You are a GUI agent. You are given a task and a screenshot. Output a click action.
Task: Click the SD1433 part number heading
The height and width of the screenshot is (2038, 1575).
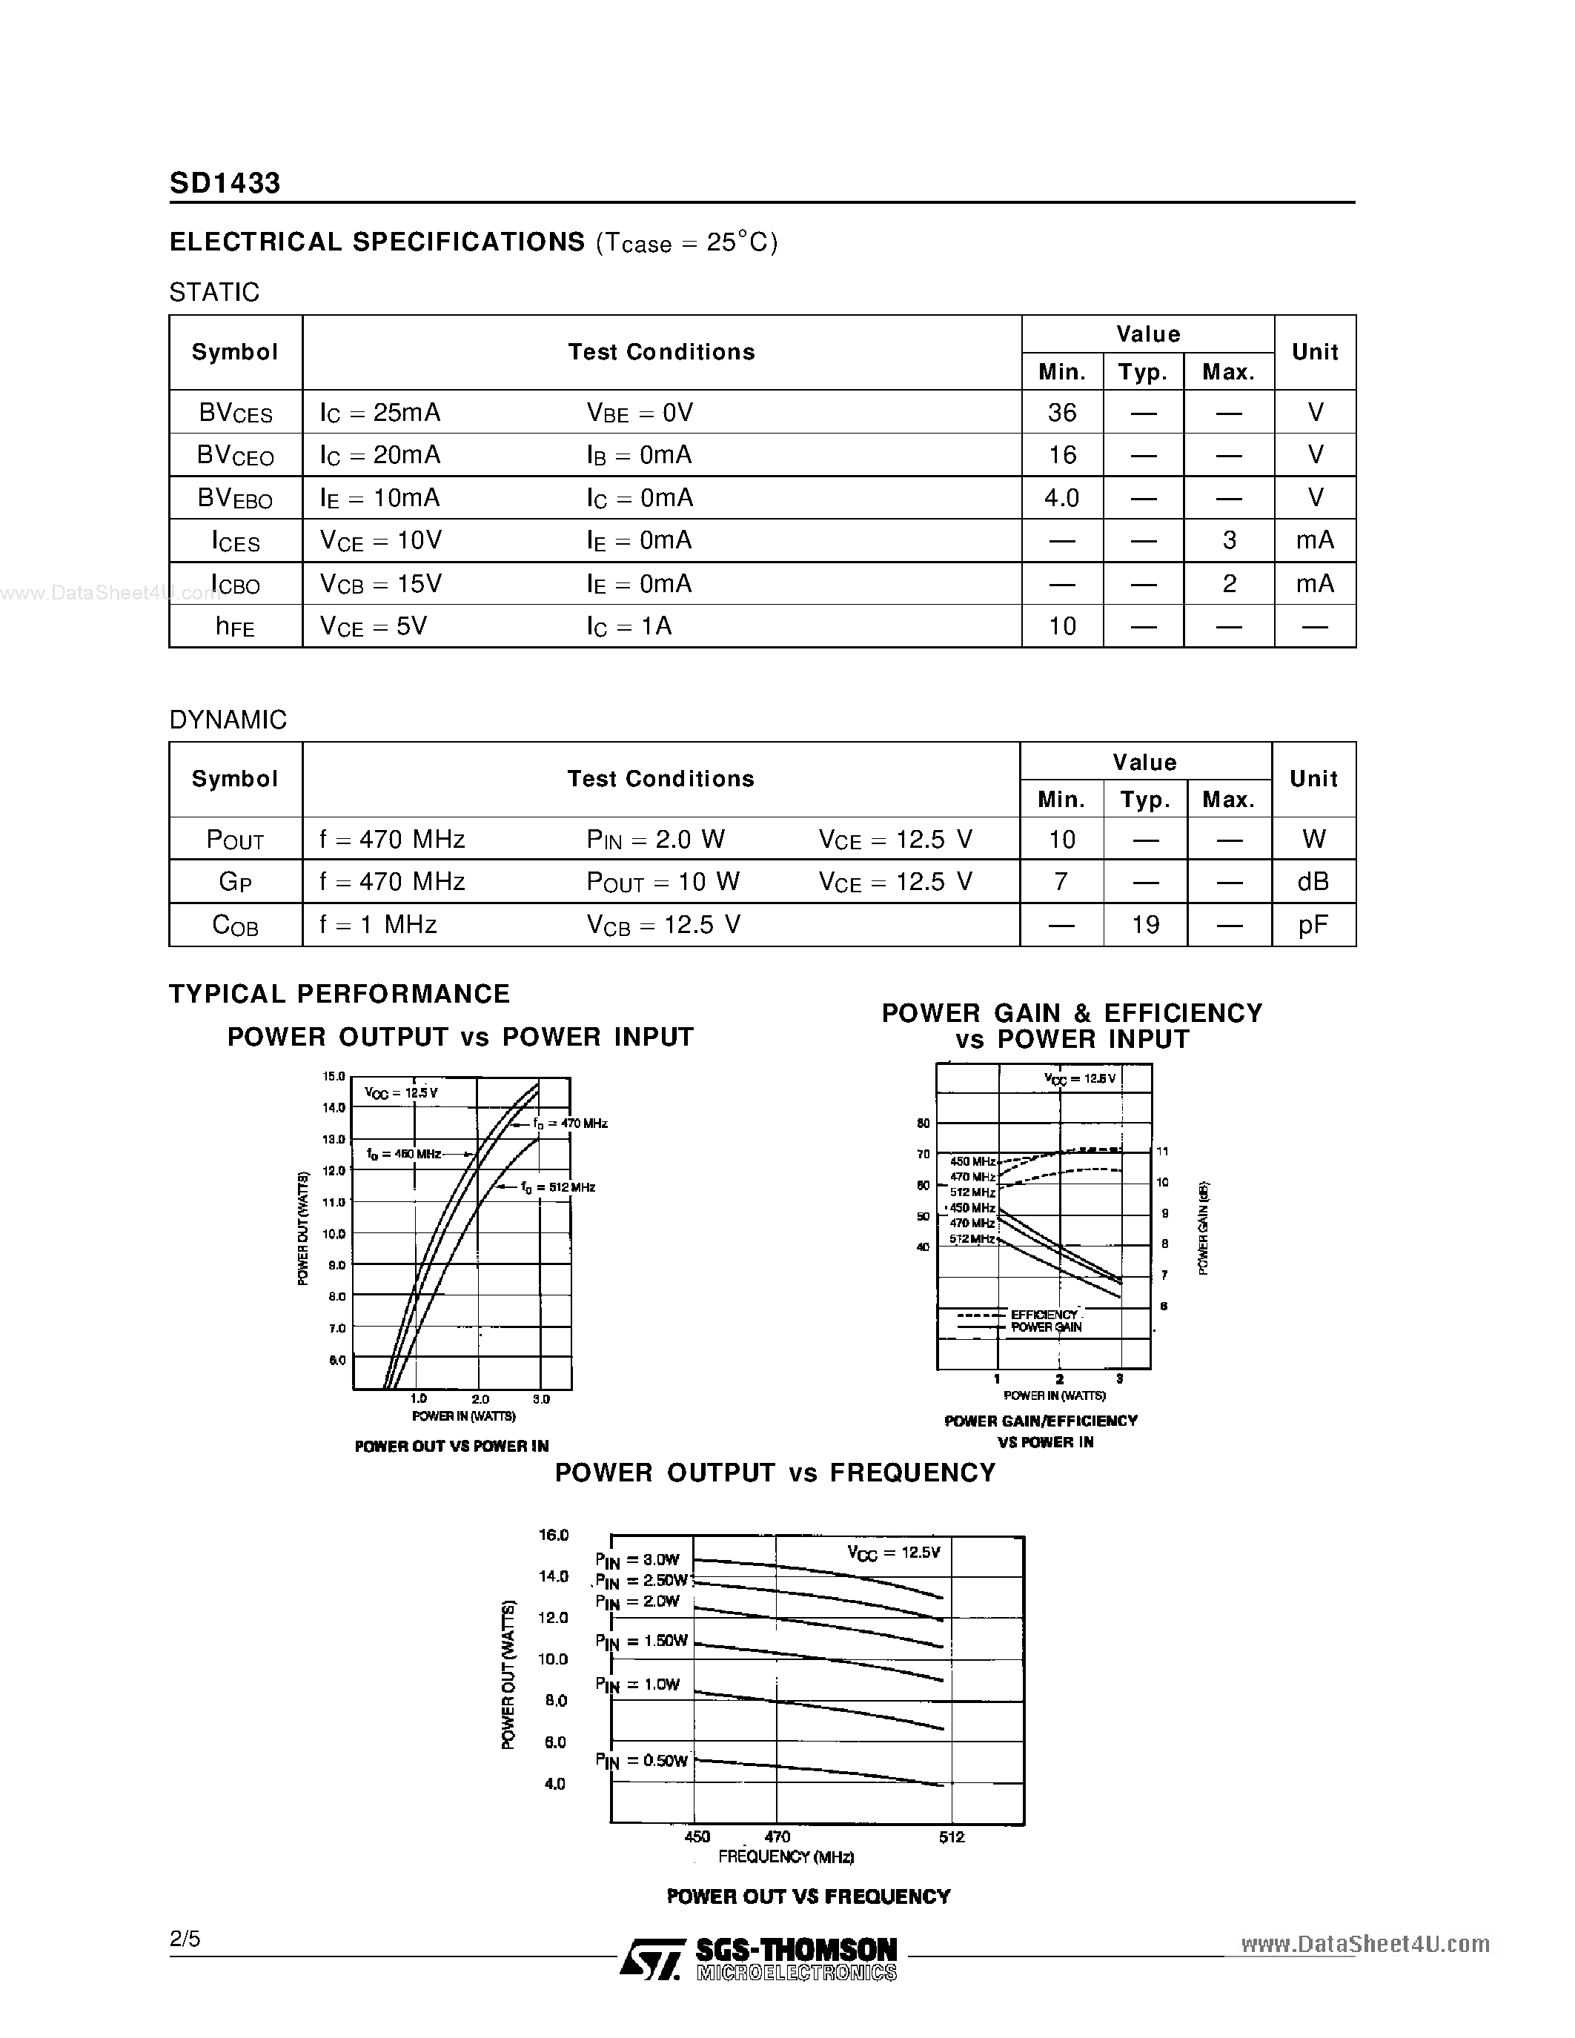pos(225,183)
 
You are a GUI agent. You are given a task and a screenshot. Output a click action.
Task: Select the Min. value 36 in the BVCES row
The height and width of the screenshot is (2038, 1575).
pos(1062,413)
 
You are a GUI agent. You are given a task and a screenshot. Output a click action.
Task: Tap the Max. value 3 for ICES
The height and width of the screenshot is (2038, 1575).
pos(1229,540)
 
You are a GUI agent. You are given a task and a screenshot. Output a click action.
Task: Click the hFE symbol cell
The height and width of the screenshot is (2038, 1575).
pos(235,626)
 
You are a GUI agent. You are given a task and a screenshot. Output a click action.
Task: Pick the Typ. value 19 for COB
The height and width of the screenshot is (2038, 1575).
pos(1145,925)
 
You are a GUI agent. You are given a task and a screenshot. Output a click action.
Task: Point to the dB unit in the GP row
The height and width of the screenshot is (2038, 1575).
pos(1313,882)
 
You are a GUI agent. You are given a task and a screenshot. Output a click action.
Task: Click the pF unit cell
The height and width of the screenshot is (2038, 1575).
pos(1313,925)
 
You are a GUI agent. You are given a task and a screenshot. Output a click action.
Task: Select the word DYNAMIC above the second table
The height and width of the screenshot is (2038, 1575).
pos(228,720)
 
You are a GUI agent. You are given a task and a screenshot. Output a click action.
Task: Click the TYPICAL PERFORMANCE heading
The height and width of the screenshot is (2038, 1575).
pos(339,994)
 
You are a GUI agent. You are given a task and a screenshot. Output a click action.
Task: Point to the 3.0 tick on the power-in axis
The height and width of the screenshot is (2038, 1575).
pos(541,1398)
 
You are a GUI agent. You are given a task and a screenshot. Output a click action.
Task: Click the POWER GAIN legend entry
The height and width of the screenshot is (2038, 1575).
pos(1046,1327)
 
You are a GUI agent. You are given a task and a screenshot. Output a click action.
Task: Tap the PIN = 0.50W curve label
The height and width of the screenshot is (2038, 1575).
pos(642,1761)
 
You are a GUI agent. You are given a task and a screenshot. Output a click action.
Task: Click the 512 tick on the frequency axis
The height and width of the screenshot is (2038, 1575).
pos(951,1836)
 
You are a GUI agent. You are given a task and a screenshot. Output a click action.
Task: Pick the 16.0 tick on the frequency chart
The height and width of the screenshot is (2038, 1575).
pos(554,1535)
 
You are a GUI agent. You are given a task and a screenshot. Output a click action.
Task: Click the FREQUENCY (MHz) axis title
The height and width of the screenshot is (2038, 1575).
pos(786,1857)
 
